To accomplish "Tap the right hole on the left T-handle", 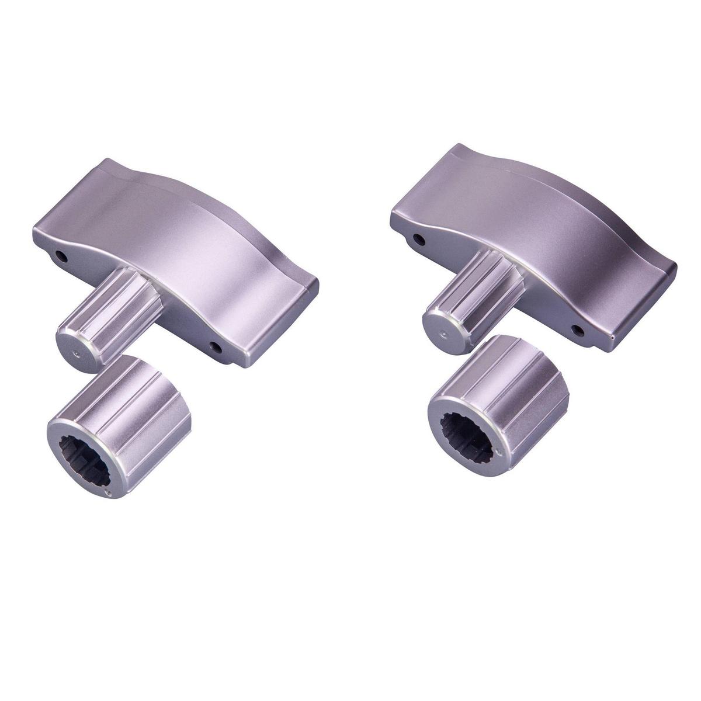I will point(217,348).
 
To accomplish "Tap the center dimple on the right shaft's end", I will point(443,335).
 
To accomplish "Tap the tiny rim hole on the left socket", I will point(106,494).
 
